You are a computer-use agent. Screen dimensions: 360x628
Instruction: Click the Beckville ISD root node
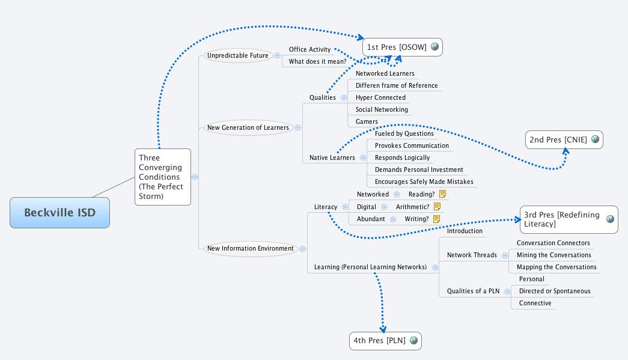point(59,213)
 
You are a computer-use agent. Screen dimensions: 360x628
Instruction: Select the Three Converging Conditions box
point(162,177)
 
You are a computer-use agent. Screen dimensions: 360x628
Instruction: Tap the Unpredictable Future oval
point(238,55)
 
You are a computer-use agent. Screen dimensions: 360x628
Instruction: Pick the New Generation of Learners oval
point(248,127)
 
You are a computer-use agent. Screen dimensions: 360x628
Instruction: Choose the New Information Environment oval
point(250,248)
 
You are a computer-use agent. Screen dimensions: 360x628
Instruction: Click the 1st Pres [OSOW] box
point(403,47)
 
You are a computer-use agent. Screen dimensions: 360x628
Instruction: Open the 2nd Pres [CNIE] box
point(564,139)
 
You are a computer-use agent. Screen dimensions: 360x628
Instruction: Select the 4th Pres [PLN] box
point(385,341)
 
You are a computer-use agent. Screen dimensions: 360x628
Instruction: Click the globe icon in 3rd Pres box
point(610,219)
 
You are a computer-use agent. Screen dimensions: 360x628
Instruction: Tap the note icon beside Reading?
point(443,194)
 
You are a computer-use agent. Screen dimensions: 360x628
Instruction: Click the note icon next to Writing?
point(437,219)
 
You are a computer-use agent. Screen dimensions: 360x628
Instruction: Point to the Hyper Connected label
point(380,97)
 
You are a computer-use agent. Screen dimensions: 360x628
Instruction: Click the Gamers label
point(367,121)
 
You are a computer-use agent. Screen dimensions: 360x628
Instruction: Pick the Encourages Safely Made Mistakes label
point(424,182)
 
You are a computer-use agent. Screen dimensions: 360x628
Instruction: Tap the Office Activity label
point(309,49)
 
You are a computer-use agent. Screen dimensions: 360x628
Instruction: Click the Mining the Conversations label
point(553,255)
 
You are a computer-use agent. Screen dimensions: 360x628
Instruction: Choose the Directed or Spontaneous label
point(554,291)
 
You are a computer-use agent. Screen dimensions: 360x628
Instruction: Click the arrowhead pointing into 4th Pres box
point(383,328)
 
